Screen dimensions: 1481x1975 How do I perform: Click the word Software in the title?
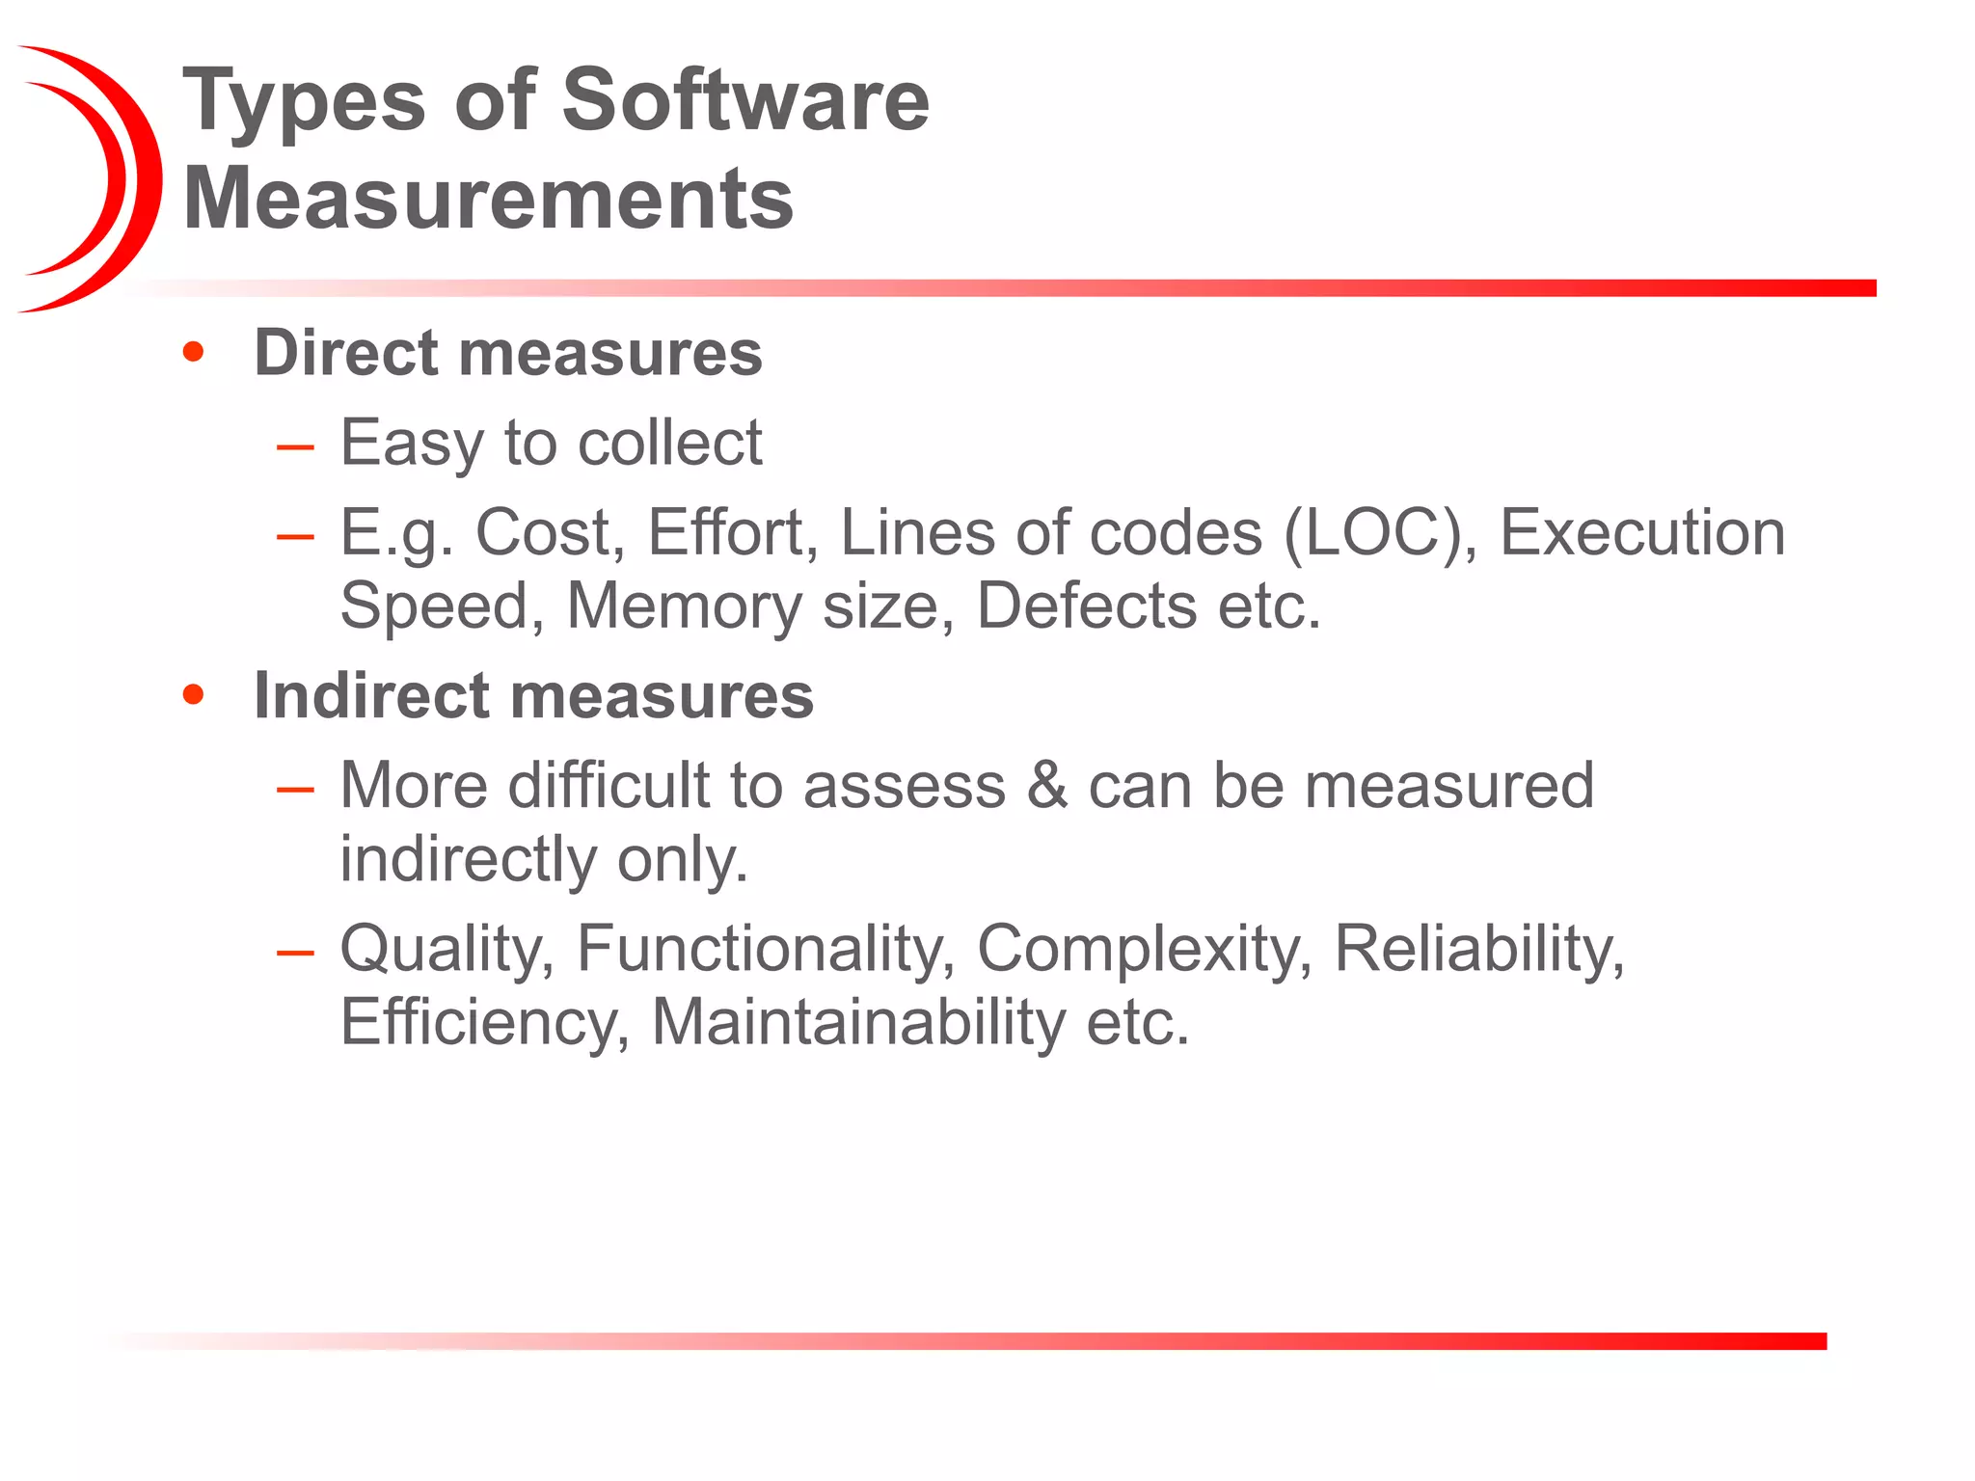click(744, 100)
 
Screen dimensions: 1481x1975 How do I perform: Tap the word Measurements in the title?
click(488, 199)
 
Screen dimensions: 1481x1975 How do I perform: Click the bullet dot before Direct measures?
click(194, 352)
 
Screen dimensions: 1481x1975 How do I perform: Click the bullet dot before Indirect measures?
click(194, 694)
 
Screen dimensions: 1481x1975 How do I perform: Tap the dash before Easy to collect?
click(295, 446)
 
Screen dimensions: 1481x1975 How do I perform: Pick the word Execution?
click(1641, 532)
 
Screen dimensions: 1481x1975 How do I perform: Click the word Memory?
click(684, 606)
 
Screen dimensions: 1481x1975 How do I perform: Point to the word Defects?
click(1087, 606)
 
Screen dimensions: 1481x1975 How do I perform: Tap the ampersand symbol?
click(1047, 785)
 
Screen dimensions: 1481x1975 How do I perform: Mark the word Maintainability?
click(858, 1022)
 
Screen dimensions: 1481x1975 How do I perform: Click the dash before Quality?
click(295, 953)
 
